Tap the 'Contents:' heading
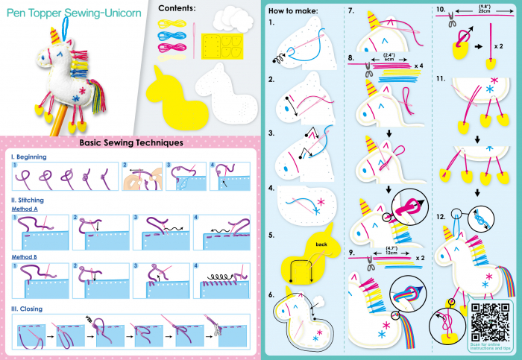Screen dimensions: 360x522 pyautogui.click(x=177, y=8)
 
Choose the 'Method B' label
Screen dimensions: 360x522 pyautogui.click(x=26, y=257)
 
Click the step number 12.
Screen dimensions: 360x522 pyautogui.click(x=441, y=216)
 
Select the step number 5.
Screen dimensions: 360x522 pyautogui.click(x=272, y=234)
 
